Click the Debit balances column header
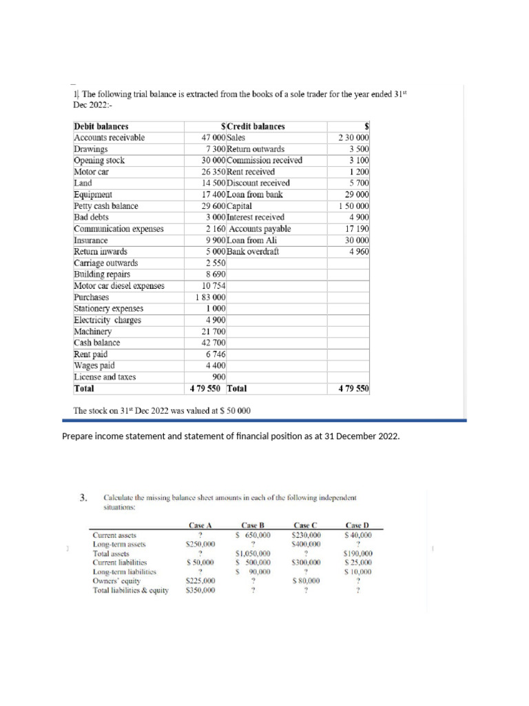point(101,126)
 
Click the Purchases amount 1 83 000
point(211,297)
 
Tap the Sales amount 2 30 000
point(354,138)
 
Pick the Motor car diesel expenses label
point(119,285)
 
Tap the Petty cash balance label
point(106,206)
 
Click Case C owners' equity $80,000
point(306,581)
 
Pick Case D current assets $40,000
point(357,534)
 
